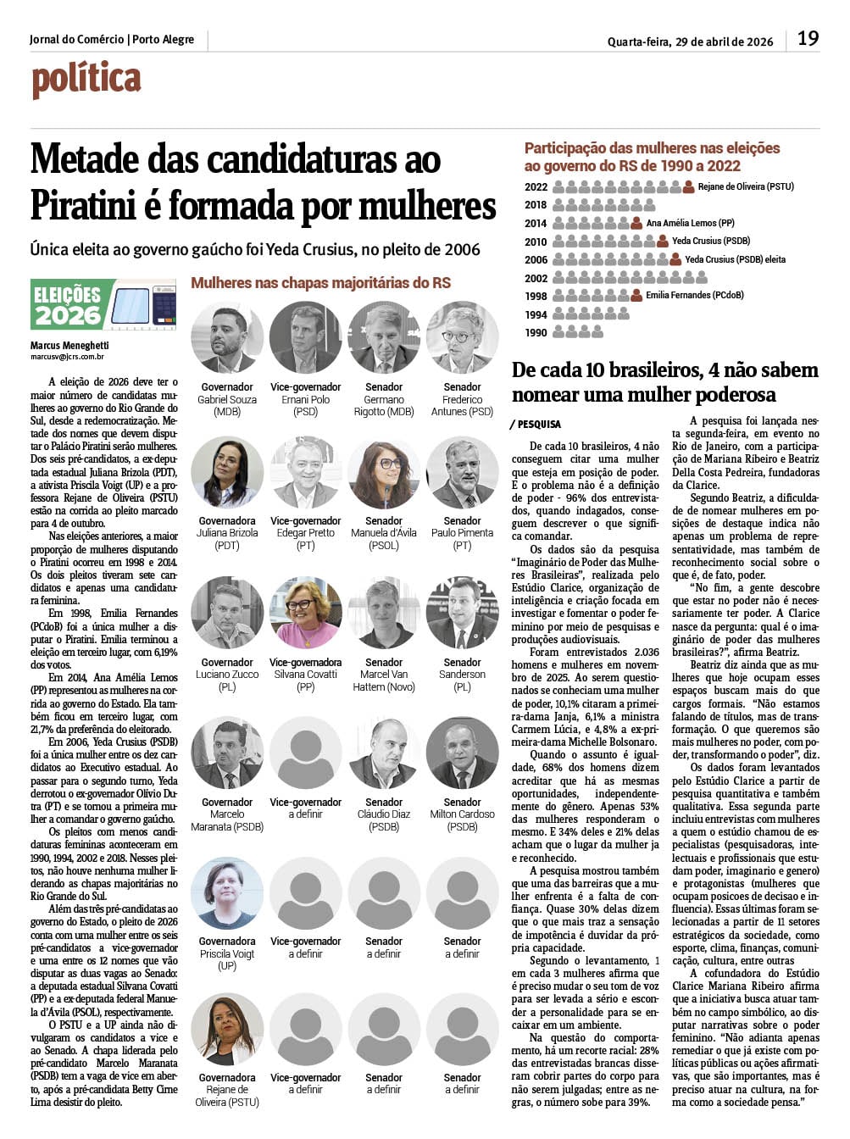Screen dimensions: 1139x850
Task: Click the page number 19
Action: click(x=808, y=38)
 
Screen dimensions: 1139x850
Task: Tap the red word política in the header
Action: click(x=86, y=80)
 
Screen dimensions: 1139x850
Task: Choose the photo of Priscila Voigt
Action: click(x=227, y=893)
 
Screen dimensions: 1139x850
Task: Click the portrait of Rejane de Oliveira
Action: click(x=227, y=1030)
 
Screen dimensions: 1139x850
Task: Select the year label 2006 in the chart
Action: click(x=536, y=260)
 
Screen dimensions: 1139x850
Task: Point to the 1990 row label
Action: click(x=536, y=333)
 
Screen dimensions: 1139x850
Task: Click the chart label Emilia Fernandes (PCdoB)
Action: click(x=694, y=296)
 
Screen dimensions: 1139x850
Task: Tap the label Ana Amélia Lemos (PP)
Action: click(x=690, y=223)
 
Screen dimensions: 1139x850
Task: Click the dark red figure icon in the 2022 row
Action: click(x=688, y=186)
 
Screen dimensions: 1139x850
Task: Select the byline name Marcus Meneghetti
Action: click(x=69, y=346)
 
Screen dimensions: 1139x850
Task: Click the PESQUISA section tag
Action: click(x=537, y=424)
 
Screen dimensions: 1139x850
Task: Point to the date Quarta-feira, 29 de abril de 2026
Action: click(x=690, y=42)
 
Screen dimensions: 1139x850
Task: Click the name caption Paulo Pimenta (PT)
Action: click(x=462, y=539)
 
